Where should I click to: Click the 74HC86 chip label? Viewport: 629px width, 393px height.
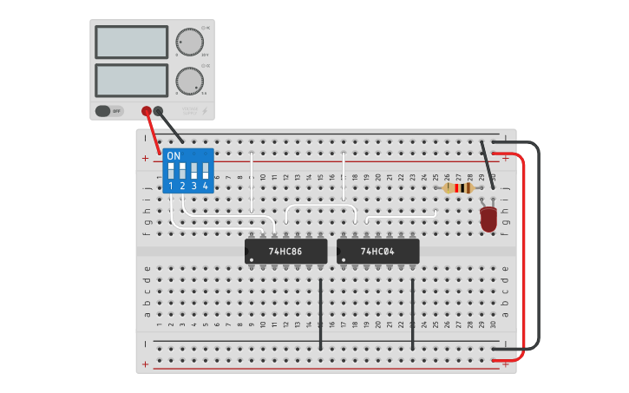(285, 252)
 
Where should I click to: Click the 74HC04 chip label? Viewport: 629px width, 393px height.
(377, 252)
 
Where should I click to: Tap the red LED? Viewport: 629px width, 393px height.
(488, 218)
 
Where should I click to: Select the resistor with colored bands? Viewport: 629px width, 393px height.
(458, 187)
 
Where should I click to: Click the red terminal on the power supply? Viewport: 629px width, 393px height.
(147, 111)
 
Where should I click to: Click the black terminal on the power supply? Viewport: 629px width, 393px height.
(158, 111)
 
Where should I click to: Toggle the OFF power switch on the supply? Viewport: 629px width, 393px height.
(108, 111)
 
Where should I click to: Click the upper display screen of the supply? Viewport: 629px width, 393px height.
(131, 42)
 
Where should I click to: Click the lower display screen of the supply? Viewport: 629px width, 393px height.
(131, 81)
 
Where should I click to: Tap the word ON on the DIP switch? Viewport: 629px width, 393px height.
(174, 156)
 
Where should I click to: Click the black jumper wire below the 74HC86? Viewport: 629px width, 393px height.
(320, 313)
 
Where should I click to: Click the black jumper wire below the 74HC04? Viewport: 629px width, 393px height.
(412, 313)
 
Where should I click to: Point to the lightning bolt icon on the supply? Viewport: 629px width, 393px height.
(205, 111)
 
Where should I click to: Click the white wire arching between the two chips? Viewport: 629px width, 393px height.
(320, 206)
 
